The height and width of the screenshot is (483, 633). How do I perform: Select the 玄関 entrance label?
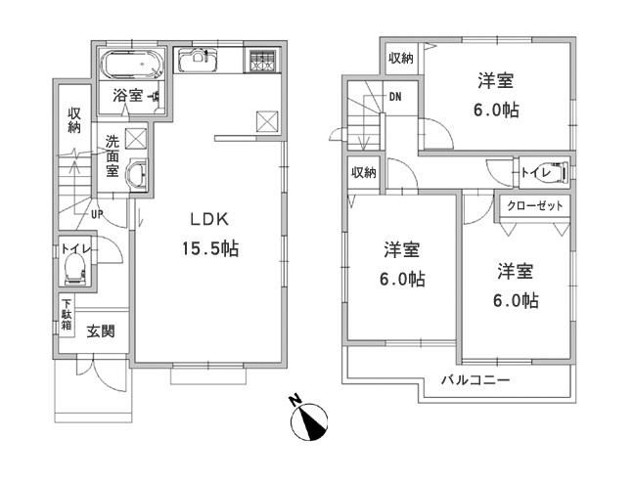point(100,330)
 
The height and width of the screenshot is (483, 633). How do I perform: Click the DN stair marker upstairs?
point(395,97)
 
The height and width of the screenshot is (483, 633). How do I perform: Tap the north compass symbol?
point(311,420)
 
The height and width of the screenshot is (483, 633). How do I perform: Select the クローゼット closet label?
point(534,206)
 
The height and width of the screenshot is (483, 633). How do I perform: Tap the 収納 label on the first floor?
point(73,120)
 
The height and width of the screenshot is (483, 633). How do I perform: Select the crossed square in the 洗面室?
point(136,137)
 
